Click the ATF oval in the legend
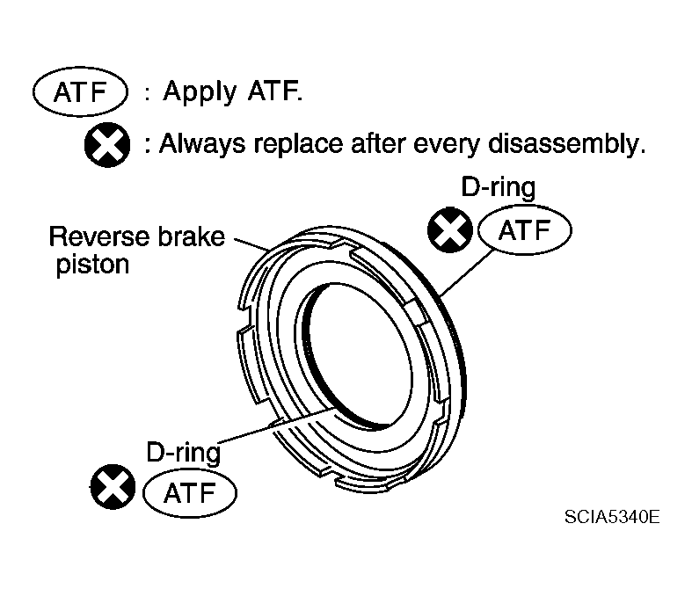pos(80,92)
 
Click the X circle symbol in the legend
pos(107,145)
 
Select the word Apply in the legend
pos(200,92)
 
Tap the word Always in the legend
pos(202,143)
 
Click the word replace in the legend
pos(298,144)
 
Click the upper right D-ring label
pos(499,187)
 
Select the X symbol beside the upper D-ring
pos(450,229)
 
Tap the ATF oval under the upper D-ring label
pos(525,229)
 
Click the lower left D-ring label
pos(183,452)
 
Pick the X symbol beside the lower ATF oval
pos(113,487)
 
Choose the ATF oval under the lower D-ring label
pos(190,492)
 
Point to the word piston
pos(92,265)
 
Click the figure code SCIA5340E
pos(612,516)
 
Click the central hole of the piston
pos(360,353)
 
